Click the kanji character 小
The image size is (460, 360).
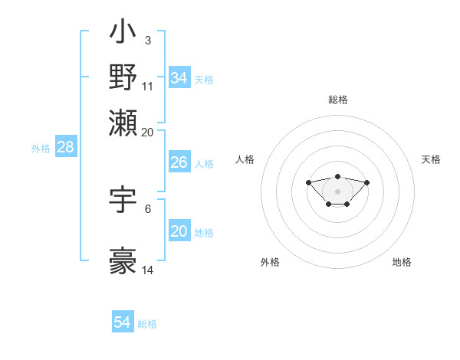coord(123,34)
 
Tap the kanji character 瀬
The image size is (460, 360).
coord(123,123)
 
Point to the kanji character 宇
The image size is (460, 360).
coord(123,201)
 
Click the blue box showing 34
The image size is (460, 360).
coord(179,78)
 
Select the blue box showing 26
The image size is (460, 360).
coord(179,162)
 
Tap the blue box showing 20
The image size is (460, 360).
coord(179,231)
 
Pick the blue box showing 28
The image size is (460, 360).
coord(65,148)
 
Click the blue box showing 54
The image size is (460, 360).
coord(122,322)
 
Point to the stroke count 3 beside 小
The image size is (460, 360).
coord(147,40)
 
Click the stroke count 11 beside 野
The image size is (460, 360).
coord(148,86)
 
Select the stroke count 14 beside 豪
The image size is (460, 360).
coord(148,270)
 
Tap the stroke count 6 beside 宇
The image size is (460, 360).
coord(148,208)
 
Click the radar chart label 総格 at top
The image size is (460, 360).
coord(337,100)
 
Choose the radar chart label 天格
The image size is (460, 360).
coord(431,159)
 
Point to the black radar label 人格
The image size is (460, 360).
coord(245,159)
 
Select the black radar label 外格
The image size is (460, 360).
coord(270,262)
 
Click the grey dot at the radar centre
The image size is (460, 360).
coord(337,191)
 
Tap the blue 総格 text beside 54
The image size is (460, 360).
coord(147,324)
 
